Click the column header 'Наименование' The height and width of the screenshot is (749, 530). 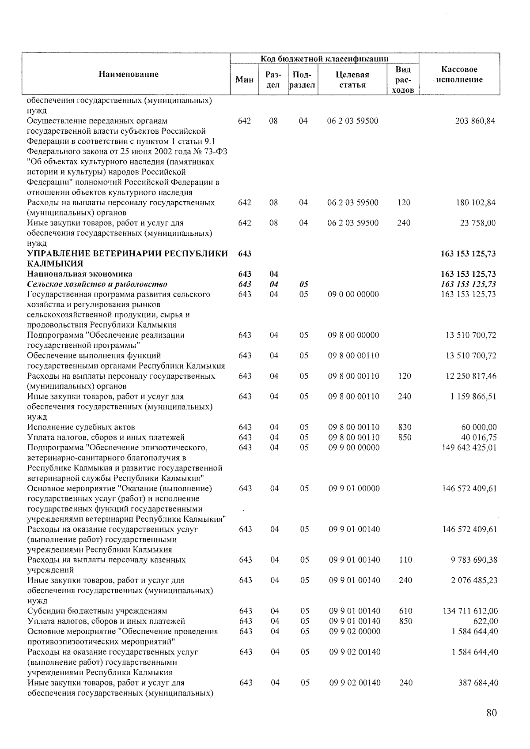pyautogui.click(x=129, y=74)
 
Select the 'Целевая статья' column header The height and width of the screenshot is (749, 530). pyautogui.click(x=352, y=79)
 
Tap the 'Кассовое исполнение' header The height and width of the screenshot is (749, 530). pyautogui.click(x=459, y=75)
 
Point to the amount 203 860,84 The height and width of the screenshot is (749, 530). pyautogui.click(x=475, y=121)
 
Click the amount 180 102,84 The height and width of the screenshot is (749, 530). pyautogui.click(x=475, y=203)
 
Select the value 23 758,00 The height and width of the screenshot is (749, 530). pyautogui.click(x=477, y=223)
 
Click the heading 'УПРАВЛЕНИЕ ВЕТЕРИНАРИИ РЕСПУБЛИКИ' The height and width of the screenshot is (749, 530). pyautogui.click(x=128, y=253)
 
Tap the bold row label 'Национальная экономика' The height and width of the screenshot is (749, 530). pyautogui.click(x=79, y=274)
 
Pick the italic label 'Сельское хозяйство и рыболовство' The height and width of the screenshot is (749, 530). pyautogui.click(x=97, y=284)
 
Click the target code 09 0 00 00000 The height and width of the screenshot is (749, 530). pyautogui.click(x=353, y=294)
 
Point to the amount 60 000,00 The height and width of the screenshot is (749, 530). pyautogui.click(x=479, y=427)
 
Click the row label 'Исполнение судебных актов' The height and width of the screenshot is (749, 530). pyautogui.click(x=81, y=427)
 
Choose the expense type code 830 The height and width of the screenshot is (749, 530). pyautogui.click(x=404, y=427)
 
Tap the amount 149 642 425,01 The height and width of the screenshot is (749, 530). pyautogui.click(x=469, y=448)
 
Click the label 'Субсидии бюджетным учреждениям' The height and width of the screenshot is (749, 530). pyautogui.click(x=97, y=611)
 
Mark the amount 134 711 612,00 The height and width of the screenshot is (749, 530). pyautogui.click(x=470, y=611)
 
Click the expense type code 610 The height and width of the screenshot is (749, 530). pyautogui.click(x=405, y=611)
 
